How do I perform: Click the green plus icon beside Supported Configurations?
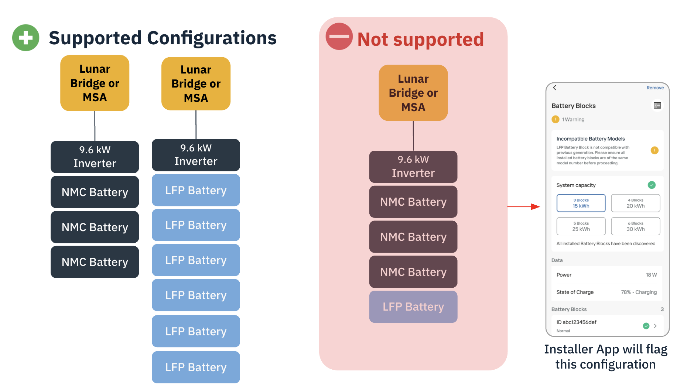[26, 38]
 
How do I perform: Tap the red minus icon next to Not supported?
[339, 36]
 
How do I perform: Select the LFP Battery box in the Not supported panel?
[413, 307]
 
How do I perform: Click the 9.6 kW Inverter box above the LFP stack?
[196, 155]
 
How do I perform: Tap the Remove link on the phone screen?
[655, 88]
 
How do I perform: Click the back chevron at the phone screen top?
[554, 88]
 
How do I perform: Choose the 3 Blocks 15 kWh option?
[581, 203]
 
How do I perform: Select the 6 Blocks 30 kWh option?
[635, 226]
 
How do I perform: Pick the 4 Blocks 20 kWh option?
[635, 203]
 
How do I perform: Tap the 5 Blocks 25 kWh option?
[581, 226]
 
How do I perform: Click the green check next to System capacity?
[652, 185]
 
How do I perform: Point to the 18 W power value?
[651, 275]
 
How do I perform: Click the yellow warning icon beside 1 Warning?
[555, 119]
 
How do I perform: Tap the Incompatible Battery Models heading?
[590, 139]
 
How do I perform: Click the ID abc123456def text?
[576, 322]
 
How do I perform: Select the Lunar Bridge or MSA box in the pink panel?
[413, 93]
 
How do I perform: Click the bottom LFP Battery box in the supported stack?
[196, 367]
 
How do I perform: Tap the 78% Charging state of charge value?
[639, 292]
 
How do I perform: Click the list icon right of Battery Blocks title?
[657, 106]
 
